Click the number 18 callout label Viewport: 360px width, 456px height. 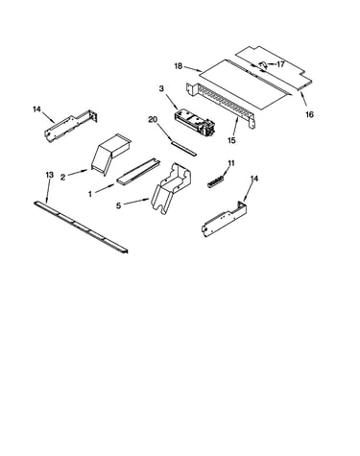(x=179, y=66)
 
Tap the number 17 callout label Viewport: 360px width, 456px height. (x=280, y=64)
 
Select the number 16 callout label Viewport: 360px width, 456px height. (x=309, y=114)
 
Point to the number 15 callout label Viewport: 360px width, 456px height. (x=231, y=140)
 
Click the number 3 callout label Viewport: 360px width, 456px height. (x=161, y=88)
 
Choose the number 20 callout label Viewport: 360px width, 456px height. (x=153, y=119)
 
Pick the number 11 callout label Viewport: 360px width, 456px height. (x=231, y=163)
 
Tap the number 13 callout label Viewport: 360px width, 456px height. (x=49, y=175)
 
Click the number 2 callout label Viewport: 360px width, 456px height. (x=62, y=177)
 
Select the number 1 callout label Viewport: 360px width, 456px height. (x=90, y=194)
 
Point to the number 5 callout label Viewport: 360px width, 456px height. (x=118, y=205)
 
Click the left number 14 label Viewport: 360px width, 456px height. (x=36, y=109)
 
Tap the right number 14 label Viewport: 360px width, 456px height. (x=253, y=179)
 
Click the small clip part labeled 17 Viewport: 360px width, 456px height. (x=263, y=65)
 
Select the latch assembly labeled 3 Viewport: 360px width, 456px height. (x=194, y=123)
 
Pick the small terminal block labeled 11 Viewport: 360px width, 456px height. (x=215, y=182)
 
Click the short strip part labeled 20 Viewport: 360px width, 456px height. (x=183, y=148)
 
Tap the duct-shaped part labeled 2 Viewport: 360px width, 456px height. (x=110, y=153)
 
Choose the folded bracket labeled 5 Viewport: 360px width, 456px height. (x=172, y=188)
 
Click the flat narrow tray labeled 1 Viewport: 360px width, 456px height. (x=138, y=171)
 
